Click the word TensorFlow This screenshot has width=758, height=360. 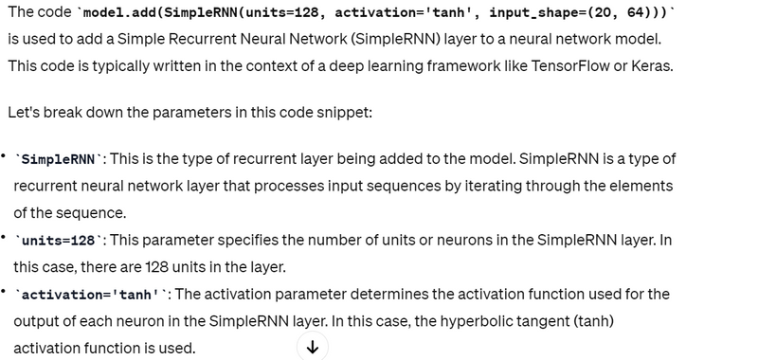click(x=570, y=65)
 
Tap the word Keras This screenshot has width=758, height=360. click(x=652, y=65)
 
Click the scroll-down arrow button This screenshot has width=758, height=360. click(x=313, y=347)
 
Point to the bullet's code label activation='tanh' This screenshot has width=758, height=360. click(x=91, y=295)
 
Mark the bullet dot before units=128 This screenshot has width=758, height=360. click(x=4, y=237)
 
